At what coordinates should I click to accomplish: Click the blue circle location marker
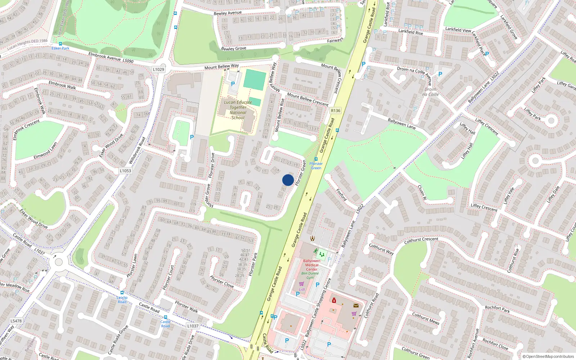tap(288, 180)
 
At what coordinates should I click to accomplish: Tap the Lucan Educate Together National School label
tap(238, 110)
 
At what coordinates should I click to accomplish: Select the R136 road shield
tap(336, 111)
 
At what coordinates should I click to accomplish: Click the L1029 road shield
tap(158, 69)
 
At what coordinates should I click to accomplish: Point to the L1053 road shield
tap(125, 171)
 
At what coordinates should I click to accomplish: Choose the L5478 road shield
tap(16, 321)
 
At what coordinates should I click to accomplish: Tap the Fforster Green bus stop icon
tap(316, 159)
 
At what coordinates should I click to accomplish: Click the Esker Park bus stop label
tap(60, 48)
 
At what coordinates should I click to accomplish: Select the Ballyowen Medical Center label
tap(311, 265)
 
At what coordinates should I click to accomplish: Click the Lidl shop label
tap(302, 289)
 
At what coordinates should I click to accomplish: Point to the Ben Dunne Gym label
tap(310, 275)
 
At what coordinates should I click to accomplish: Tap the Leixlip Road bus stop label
tap(122, 300)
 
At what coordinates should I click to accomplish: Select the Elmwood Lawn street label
tap(45, 151)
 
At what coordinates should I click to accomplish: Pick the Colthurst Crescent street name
tap(421, 240)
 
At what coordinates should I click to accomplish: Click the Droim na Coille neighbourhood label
tap(431, 92)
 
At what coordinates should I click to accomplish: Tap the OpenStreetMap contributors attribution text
tap(548, 356)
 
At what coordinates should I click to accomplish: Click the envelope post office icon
tap(356, 306)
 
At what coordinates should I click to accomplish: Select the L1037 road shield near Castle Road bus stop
tap(193, 326)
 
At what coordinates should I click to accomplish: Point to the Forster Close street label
tap(222, 282)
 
